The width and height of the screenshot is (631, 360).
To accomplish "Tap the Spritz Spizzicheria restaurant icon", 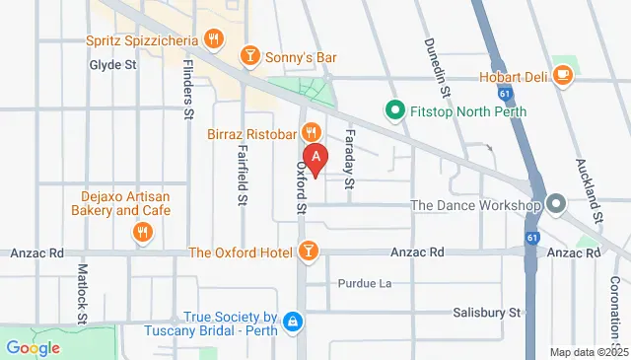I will pyautogui.click(x=213, y=39).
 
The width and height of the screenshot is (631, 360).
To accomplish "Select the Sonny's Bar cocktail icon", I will pyautogui.click(x=250, y=57).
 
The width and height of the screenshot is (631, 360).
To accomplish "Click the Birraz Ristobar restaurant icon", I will pyautogui.click(x=312, y=132).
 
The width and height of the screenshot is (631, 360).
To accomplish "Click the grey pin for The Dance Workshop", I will pyautogui.click(x=556, y=205).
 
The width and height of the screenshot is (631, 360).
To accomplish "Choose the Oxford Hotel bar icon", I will pyautogui.click(x=310, y=252).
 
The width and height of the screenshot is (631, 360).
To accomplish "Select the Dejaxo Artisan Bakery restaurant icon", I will pyautogui.click(x=143, y=233).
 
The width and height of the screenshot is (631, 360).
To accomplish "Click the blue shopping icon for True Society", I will pyautogui.click(x=292, y=323).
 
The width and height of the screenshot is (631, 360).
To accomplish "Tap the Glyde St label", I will pyautogui.click(x=111, y=65).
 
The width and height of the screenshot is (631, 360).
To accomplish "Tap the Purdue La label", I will pyautogui.click(x=365, y=283).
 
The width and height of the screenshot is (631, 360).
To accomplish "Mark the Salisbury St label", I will pyautogui.click(x=486, y=313).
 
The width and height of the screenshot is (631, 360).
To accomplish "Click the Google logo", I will pyautogui.click(x=33, y=347).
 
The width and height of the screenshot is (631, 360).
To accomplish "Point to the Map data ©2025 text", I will pyautogui.click(x=589, y=352).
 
